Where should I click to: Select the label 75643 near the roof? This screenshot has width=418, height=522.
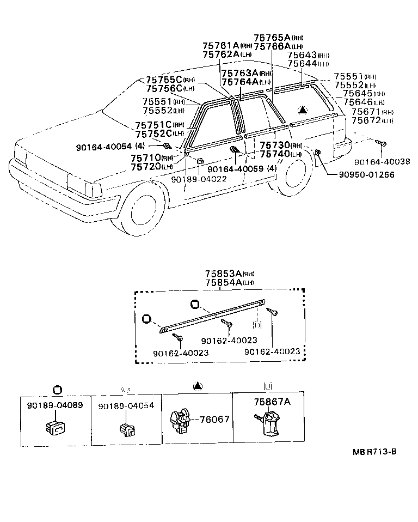pos(302,56)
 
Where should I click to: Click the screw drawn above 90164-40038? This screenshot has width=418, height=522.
pos(382,143)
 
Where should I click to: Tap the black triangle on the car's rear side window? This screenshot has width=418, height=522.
pos(302,110)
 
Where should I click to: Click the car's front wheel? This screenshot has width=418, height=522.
pos(145,210)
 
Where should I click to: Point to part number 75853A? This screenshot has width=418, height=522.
pos(223,274)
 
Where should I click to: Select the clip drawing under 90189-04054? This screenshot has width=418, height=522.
pos(127,428)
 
